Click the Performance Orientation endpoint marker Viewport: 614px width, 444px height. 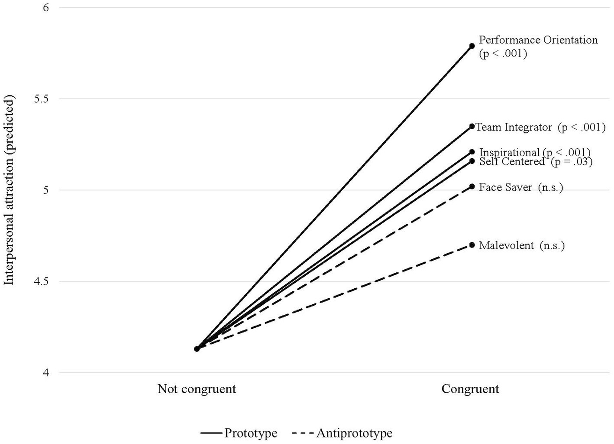(x=472, y=46)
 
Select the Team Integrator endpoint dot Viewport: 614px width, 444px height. (x=472, y=126)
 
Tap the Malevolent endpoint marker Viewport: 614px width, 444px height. (x=472, y=245)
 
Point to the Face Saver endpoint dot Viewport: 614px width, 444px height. (x=472, y=186)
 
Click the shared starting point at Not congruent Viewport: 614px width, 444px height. (x=197, y=349)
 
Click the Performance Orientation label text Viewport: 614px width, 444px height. (x=538, y=40)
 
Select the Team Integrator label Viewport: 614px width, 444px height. (x=514, y=127)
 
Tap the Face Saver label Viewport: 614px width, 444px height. (x=505, y=187)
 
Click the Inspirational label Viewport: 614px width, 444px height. (x=509, y=152)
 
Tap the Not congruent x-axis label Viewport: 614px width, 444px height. (x=197, y=388)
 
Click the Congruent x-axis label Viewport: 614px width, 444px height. (x=470, y=388)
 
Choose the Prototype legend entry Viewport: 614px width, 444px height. (x=239, y=433)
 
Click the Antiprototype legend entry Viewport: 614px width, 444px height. (x=342, y=433)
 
